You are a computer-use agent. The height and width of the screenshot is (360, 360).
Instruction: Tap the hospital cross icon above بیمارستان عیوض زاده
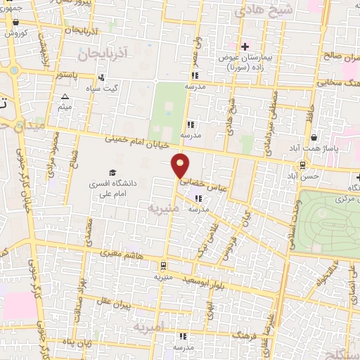click(245, 47)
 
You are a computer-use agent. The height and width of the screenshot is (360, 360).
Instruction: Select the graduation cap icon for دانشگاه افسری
click(112, 172)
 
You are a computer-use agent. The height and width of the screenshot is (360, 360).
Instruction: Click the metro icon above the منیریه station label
click(163, 265)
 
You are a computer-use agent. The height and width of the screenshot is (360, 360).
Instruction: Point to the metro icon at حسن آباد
click(302, 165)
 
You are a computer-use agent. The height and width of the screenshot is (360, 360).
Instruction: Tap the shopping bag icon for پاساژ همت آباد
click(312, 138)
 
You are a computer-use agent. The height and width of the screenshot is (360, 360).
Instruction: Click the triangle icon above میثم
click(65, 97)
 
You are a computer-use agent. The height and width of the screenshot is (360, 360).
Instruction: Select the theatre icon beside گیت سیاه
click(103, 77)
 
